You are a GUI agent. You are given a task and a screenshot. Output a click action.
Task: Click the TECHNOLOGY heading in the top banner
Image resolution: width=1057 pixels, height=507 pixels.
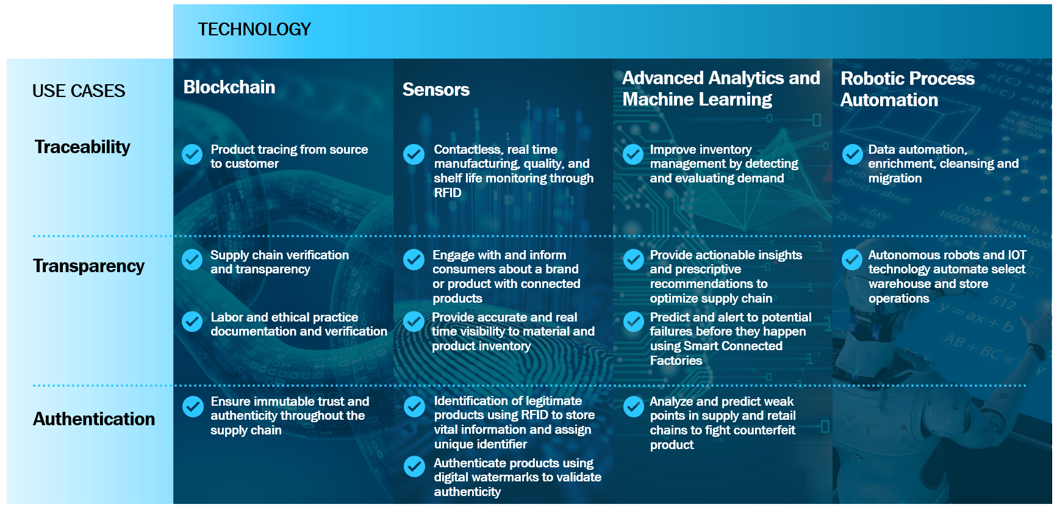(254, 29)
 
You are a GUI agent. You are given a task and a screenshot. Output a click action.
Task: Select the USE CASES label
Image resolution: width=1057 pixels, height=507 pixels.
(79, 91)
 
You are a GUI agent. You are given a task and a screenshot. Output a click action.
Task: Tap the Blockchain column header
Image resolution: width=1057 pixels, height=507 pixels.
(229, 87)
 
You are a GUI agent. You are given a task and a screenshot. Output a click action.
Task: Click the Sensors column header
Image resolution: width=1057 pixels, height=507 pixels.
(436, 90)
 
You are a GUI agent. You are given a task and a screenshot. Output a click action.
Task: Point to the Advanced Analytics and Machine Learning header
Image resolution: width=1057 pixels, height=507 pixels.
(721, 88)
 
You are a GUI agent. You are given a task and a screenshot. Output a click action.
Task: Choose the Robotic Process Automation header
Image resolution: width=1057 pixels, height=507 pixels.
(908, 89)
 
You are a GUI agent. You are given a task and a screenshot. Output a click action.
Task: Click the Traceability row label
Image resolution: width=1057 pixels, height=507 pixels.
(82, 147)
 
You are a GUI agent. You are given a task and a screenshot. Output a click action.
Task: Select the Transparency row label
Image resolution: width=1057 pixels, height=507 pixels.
(89, 266)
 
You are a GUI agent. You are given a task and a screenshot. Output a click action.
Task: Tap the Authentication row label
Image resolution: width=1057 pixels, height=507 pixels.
(94, 419)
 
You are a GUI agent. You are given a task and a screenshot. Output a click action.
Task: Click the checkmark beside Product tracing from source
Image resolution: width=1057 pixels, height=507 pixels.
(192, 154)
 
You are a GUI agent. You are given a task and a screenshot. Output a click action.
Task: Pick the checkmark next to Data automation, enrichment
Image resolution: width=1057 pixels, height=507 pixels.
(852, 154)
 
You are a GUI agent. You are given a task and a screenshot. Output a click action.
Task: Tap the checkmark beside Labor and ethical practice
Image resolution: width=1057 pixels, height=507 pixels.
(192, 321)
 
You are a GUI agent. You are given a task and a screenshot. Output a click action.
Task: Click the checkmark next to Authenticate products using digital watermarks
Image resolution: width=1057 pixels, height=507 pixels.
(415, 467)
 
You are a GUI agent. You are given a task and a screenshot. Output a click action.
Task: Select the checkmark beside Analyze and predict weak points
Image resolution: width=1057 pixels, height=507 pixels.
(633, 406)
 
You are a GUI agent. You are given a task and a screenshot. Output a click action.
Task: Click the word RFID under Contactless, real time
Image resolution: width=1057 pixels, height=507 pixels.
(448, 193)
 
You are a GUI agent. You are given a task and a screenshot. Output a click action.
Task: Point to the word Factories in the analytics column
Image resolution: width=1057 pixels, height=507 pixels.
(676, 361)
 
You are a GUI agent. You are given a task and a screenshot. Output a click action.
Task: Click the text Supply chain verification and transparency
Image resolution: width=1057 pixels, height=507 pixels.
(280, 262)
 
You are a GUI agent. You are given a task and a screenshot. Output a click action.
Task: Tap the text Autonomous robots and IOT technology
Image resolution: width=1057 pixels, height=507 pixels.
(947, 262)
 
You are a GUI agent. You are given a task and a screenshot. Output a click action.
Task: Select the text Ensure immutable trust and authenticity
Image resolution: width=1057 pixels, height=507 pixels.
(290, 415)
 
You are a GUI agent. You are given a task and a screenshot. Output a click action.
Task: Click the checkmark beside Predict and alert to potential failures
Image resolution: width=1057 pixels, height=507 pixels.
(634, 321)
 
